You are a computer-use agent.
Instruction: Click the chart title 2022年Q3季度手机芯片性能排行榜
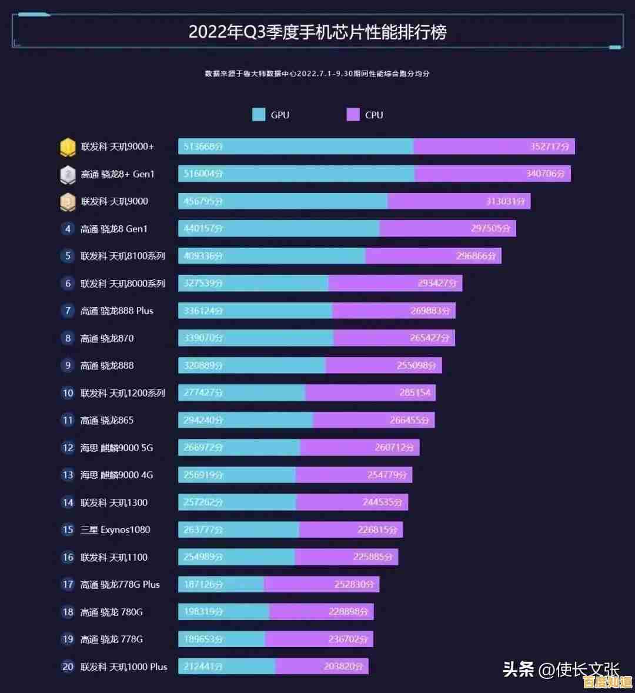(x=317, y=32)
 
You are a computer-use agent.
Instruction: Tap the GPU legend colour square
(x=259, y=115)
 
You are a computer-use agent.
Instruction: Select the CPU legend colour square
(x=353, y=115)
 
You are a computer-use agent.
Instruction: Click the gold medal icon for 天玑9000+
(x=68, y=147)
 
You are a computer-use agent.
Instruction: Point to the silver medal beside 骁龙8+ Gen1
(x=68, y=174)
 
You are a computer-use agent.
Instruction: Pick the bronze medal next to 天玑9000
(x=68, y=202)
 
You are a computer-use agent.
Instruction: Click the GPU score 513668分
(x=203, y=146)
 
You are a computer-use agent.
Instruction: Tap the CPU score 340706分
(x=545, y=174)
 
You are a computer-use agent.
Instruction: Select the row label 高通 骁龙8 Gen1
(x=114, y=229)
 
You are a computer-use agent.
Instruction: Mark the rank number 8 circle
(x=68, y=338)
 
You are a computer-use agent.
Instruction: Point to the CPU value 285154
(x=415, y=393)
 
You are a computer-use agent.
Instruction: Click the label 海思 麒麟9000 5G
(x=116, y=448)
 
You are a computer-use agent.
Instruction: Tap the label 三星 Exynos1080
(x=115, y=529)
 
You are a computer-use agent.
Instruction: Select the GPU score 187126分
(x=203, y=585)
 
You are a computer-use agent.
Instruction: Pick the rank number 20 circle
(x=68, y=667)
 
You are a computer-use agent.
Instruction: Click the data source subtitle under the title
(x=317, y=74)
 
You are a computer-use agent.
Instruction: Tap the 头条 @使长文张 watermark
(x=561, y=669)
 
